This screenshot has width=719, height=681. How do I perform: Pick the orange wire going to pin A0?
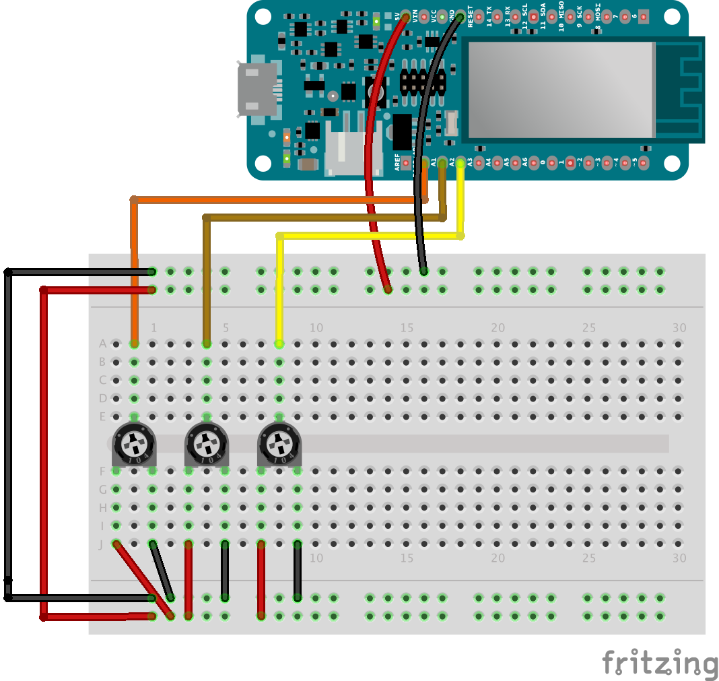[x=269, y=200]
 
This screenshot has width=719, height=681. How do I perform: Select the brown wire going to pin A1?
[x=323, y=218]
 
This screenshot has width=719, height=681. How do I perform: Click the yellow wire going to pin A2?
[x=370, y=236]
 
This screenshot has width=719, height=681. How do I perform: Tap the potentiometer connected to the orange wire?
[x=135, y=444]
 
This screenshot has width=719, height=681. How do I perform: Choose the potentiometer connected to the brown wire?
[x=207, y=444]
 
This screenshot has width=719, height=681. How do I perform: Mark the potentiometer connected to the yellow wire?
[x=279, y=444]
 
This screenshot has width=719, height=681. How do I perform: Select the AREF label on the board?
[x=398, y=162]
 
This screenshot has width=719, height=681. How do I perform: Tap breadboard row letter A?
[x=103, y=344]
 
